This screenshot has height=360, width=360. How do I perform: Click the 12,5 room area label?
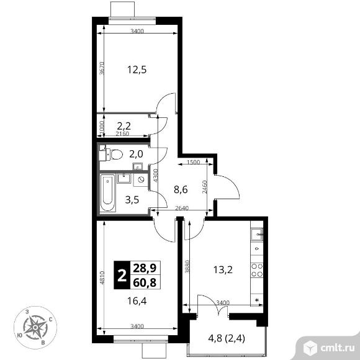click(137, 70)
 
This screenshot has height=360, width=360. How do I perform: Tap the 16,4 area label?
click(137, 301)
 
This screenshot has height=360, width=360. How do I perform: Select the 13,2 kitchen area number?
click(223, 269)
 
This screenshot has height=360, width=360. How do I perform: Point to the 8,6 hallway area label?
click(181, 190)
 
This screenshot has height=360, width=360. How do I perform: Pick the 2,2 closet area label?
click(124, 126)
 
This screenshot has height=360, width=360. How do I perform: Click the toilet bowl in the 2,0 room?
click(117, 155)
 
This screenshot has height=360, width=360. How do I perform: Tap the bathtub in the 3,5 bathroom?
click(107, 192)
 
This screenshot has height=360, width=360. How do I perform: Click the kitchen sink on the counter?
click(257, 235)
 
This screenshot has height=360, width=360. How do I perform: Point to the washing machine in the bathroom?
click(140, 179)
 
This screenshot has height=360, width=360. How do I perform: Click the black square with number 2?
click(122, 275)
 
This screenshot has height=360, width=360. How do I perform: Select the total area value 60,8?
click(145, 282)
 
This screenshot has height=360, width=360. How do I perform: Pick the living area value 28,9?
click(145, 268)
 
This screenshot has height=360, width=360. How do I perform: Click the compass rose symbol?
click(35, 327)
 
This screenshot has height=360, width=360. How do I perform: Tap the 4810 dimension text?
click(102, 278)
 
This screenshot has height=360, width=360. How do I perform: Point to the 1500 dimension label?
click(193, 162)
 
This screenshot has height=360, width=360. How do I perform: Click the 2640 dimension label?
click(182, 208)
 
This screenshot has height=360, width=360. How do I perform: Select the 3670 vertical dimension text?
click(102, 68)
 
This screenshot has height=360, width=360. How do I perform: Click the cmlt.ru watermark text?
click(336, 348)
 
